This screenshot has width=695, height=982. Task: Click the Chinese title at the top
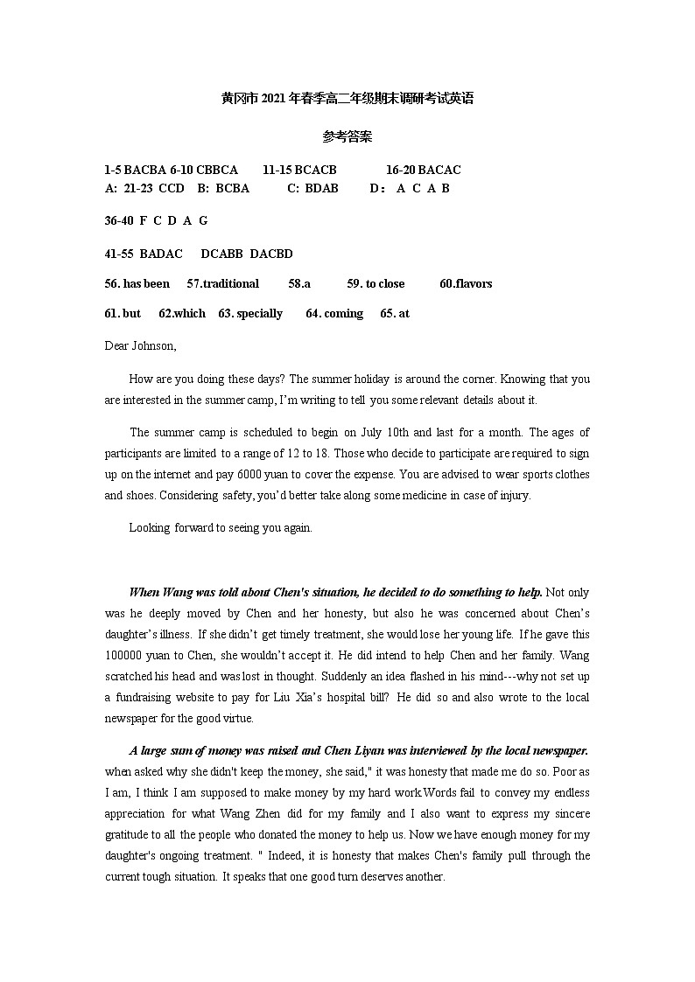pos(347,99)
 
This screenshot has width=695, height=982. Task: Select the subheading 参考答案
pos(347,136)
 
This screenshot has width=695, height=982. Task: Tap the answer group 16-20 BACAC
pos(423,170)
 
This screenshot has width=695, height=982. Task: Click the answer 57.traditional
pos(223,283)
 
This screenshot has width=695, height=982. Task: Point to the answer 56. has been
pos(137,283)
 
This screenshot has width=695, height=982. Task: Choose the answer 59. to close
pos(376,283)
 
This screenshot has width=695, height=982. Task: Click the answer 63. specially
pos(250,313)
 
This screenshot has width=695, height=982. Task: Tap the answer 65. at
pos(395,313)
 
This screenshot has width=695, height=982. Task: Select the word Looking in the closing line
pos(150,527)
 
